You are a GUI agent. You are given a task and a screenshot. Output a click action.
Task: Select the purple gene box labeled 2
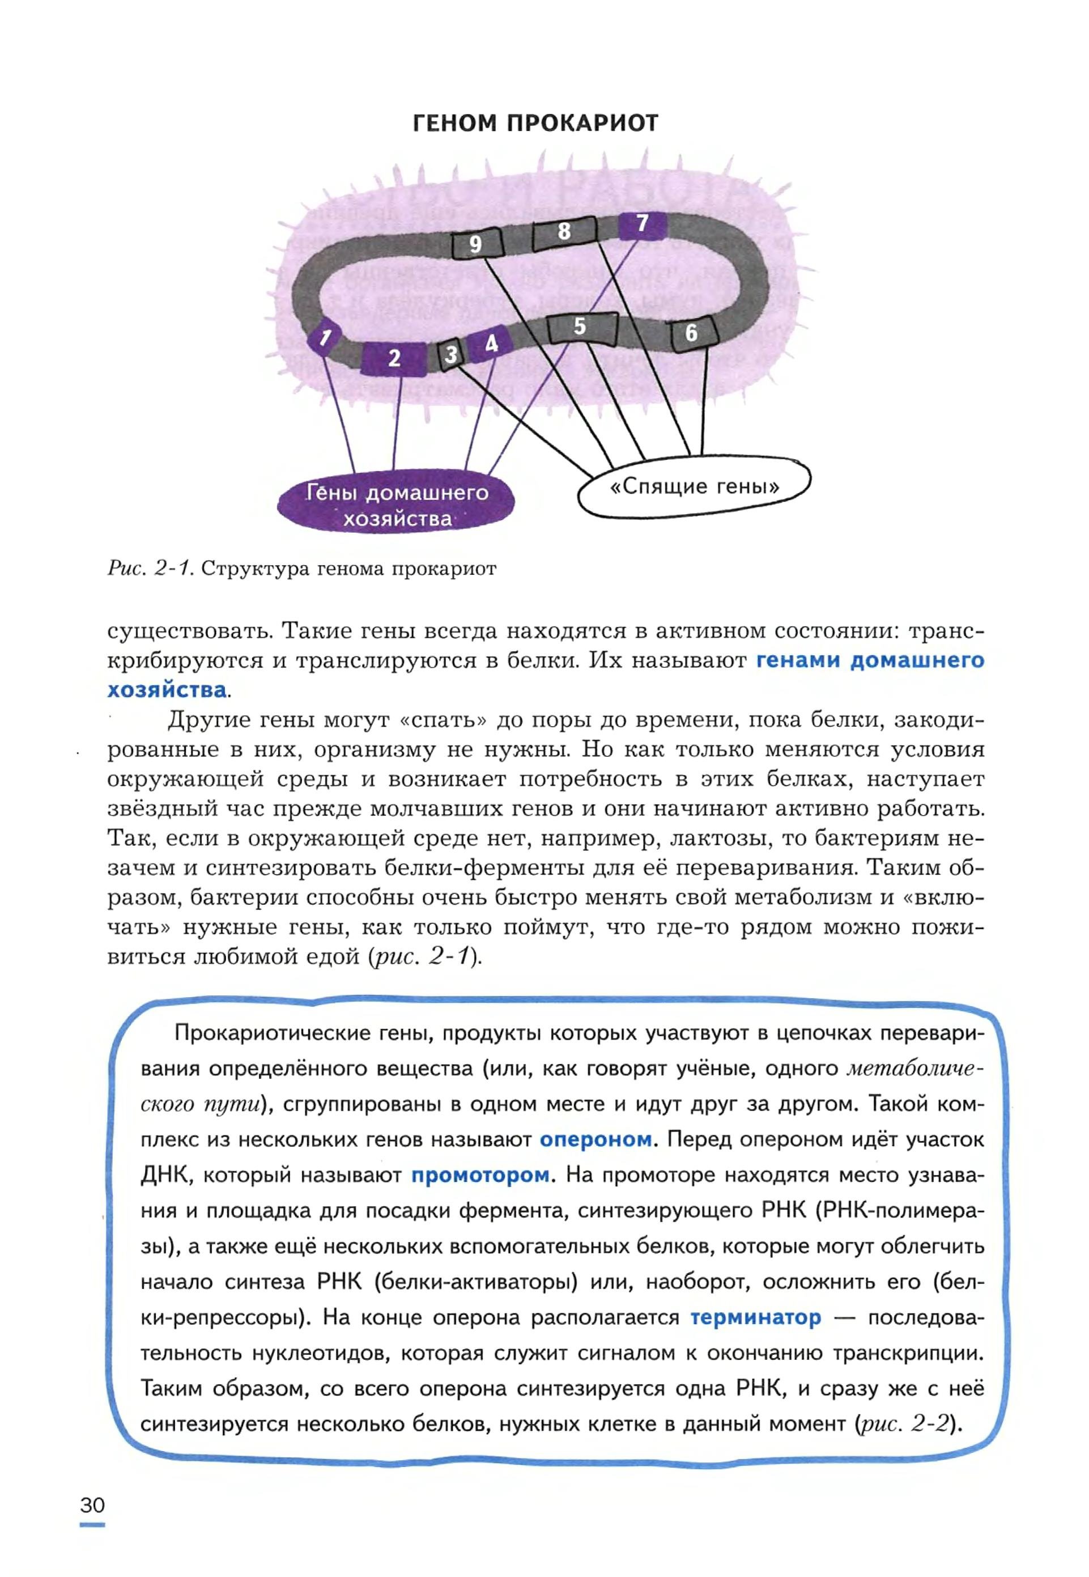pos(394,358)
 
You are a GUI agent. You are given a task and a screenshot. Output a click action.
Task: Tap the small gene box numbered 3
pos(450,354)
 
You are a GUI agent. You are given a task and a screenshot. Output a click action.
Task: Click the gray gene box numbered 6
pos(692,333)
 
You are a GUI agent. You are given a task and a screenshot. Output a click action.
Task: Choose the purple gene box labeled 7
pos(642,224)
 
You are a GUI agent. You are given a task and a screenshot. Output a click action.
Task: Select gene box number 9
pos(477,244)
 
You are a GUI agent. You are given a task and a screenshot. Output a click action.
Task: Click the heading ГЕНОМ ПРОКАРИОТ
pos(535,124)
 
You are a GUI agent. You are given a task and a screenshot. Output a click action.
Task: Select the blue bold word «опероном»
pos(595,1139)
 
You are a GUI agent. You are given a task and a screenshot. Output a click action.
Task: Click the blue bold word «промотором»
pos(480,1175)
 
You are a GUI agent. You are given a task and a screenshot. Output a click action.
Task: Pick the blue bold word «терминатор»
pos(755,1317)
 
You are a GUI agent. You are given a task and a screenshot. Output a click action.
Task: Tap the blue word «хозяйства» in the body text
pos(167,690)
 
